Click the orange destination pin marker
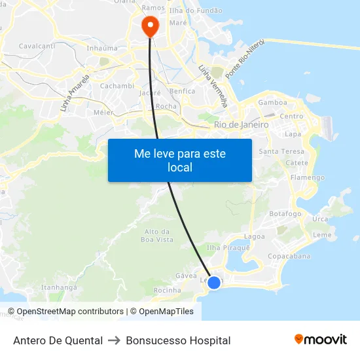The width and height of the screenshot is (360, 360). (150, 26)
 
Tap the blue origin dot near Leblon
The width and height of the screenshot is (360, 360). (214, 283)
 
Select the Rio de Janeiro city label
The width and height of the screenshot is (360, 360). (241, 124)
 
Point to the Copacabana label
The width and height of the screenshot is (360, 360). (289, 256)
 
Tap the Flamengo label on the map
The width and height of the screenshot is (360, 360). (307, 177)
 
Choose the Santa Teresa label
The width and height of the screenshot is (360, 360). (282, 151)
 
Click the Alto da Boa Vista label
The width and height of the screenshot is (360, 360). (158, 236)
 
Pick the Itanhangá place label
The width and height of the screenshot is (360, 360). (60, 287)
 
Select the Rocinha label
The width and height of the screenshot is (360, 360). (167, 290)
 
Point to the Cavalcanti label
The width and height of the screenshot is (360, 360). (37, 46)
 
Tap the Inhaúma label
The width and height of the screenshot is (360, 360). (102, 48)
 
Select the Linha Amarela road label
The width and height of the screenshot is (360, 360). (73, 94)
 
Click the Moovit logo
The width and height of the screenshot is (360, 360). (321, 340)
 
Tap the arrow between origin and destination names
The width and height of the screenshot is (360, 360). (114, 340)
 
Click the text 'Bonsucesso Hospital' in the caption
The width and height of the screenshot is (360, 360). (178, 340)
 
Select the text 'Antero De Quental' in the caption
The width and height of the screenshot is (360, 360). (58, 340)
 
